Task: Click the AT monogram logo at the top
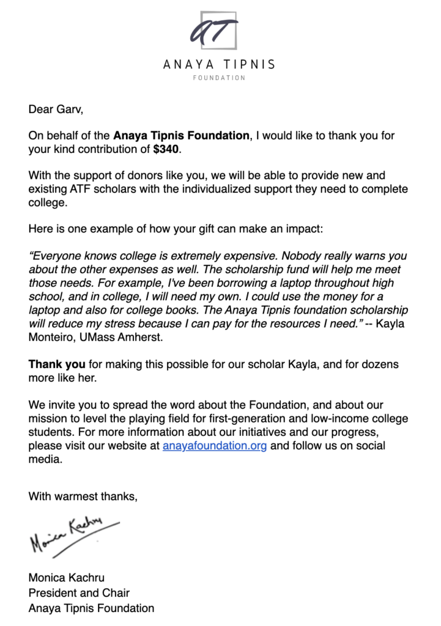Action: tap(213, 30)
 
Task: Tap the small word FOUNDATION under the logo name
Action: tap(219, 78)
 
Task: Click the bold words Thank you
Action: tap(57, 364)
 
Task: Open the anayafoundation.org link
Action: tap(215, 446)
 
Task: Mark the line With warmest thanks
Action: tap(83, 496)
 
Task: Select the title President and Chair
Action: tap(79, 592)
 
